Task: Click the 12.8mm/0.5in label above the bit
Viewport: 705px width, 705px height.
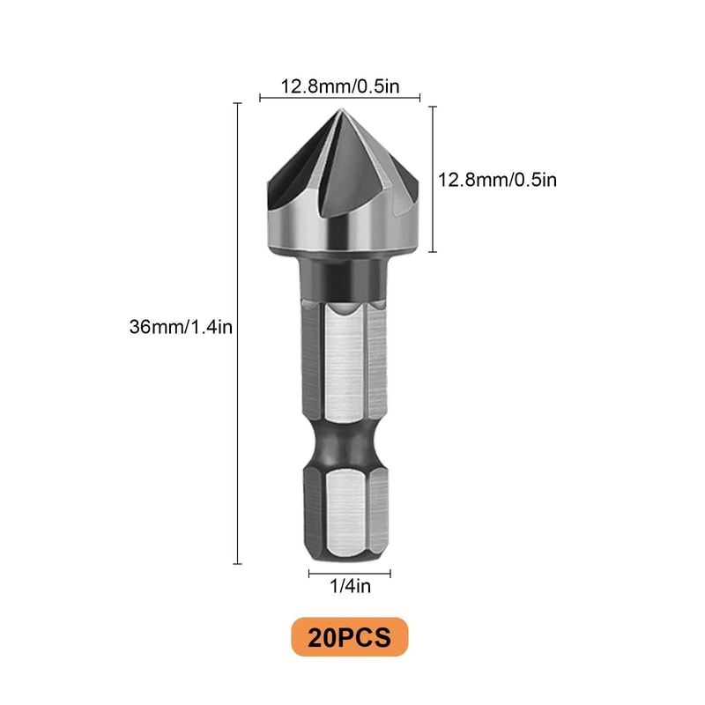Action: click(x=339, y=86)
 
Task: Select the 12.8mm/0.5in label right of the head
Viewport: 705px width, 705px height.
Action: click(x=498, y=180)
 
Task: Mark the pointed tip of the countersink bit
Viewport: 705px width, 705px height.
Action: click(x=340, y=112)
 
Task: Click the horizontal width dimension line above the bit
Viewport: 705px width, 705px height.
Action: click(x=339, y=99)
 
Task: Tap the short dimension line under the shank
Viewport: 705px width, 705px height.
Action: click(x=350, y=574)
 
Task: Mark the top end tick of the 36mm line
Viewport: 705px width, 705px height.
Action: click(x=238, y=104)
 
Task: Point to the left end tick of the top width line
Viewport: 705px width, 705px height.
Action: click(x=261, y=99)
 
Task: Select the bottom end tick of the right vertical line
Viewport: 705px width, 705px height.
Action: click(x=432, y=252)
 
